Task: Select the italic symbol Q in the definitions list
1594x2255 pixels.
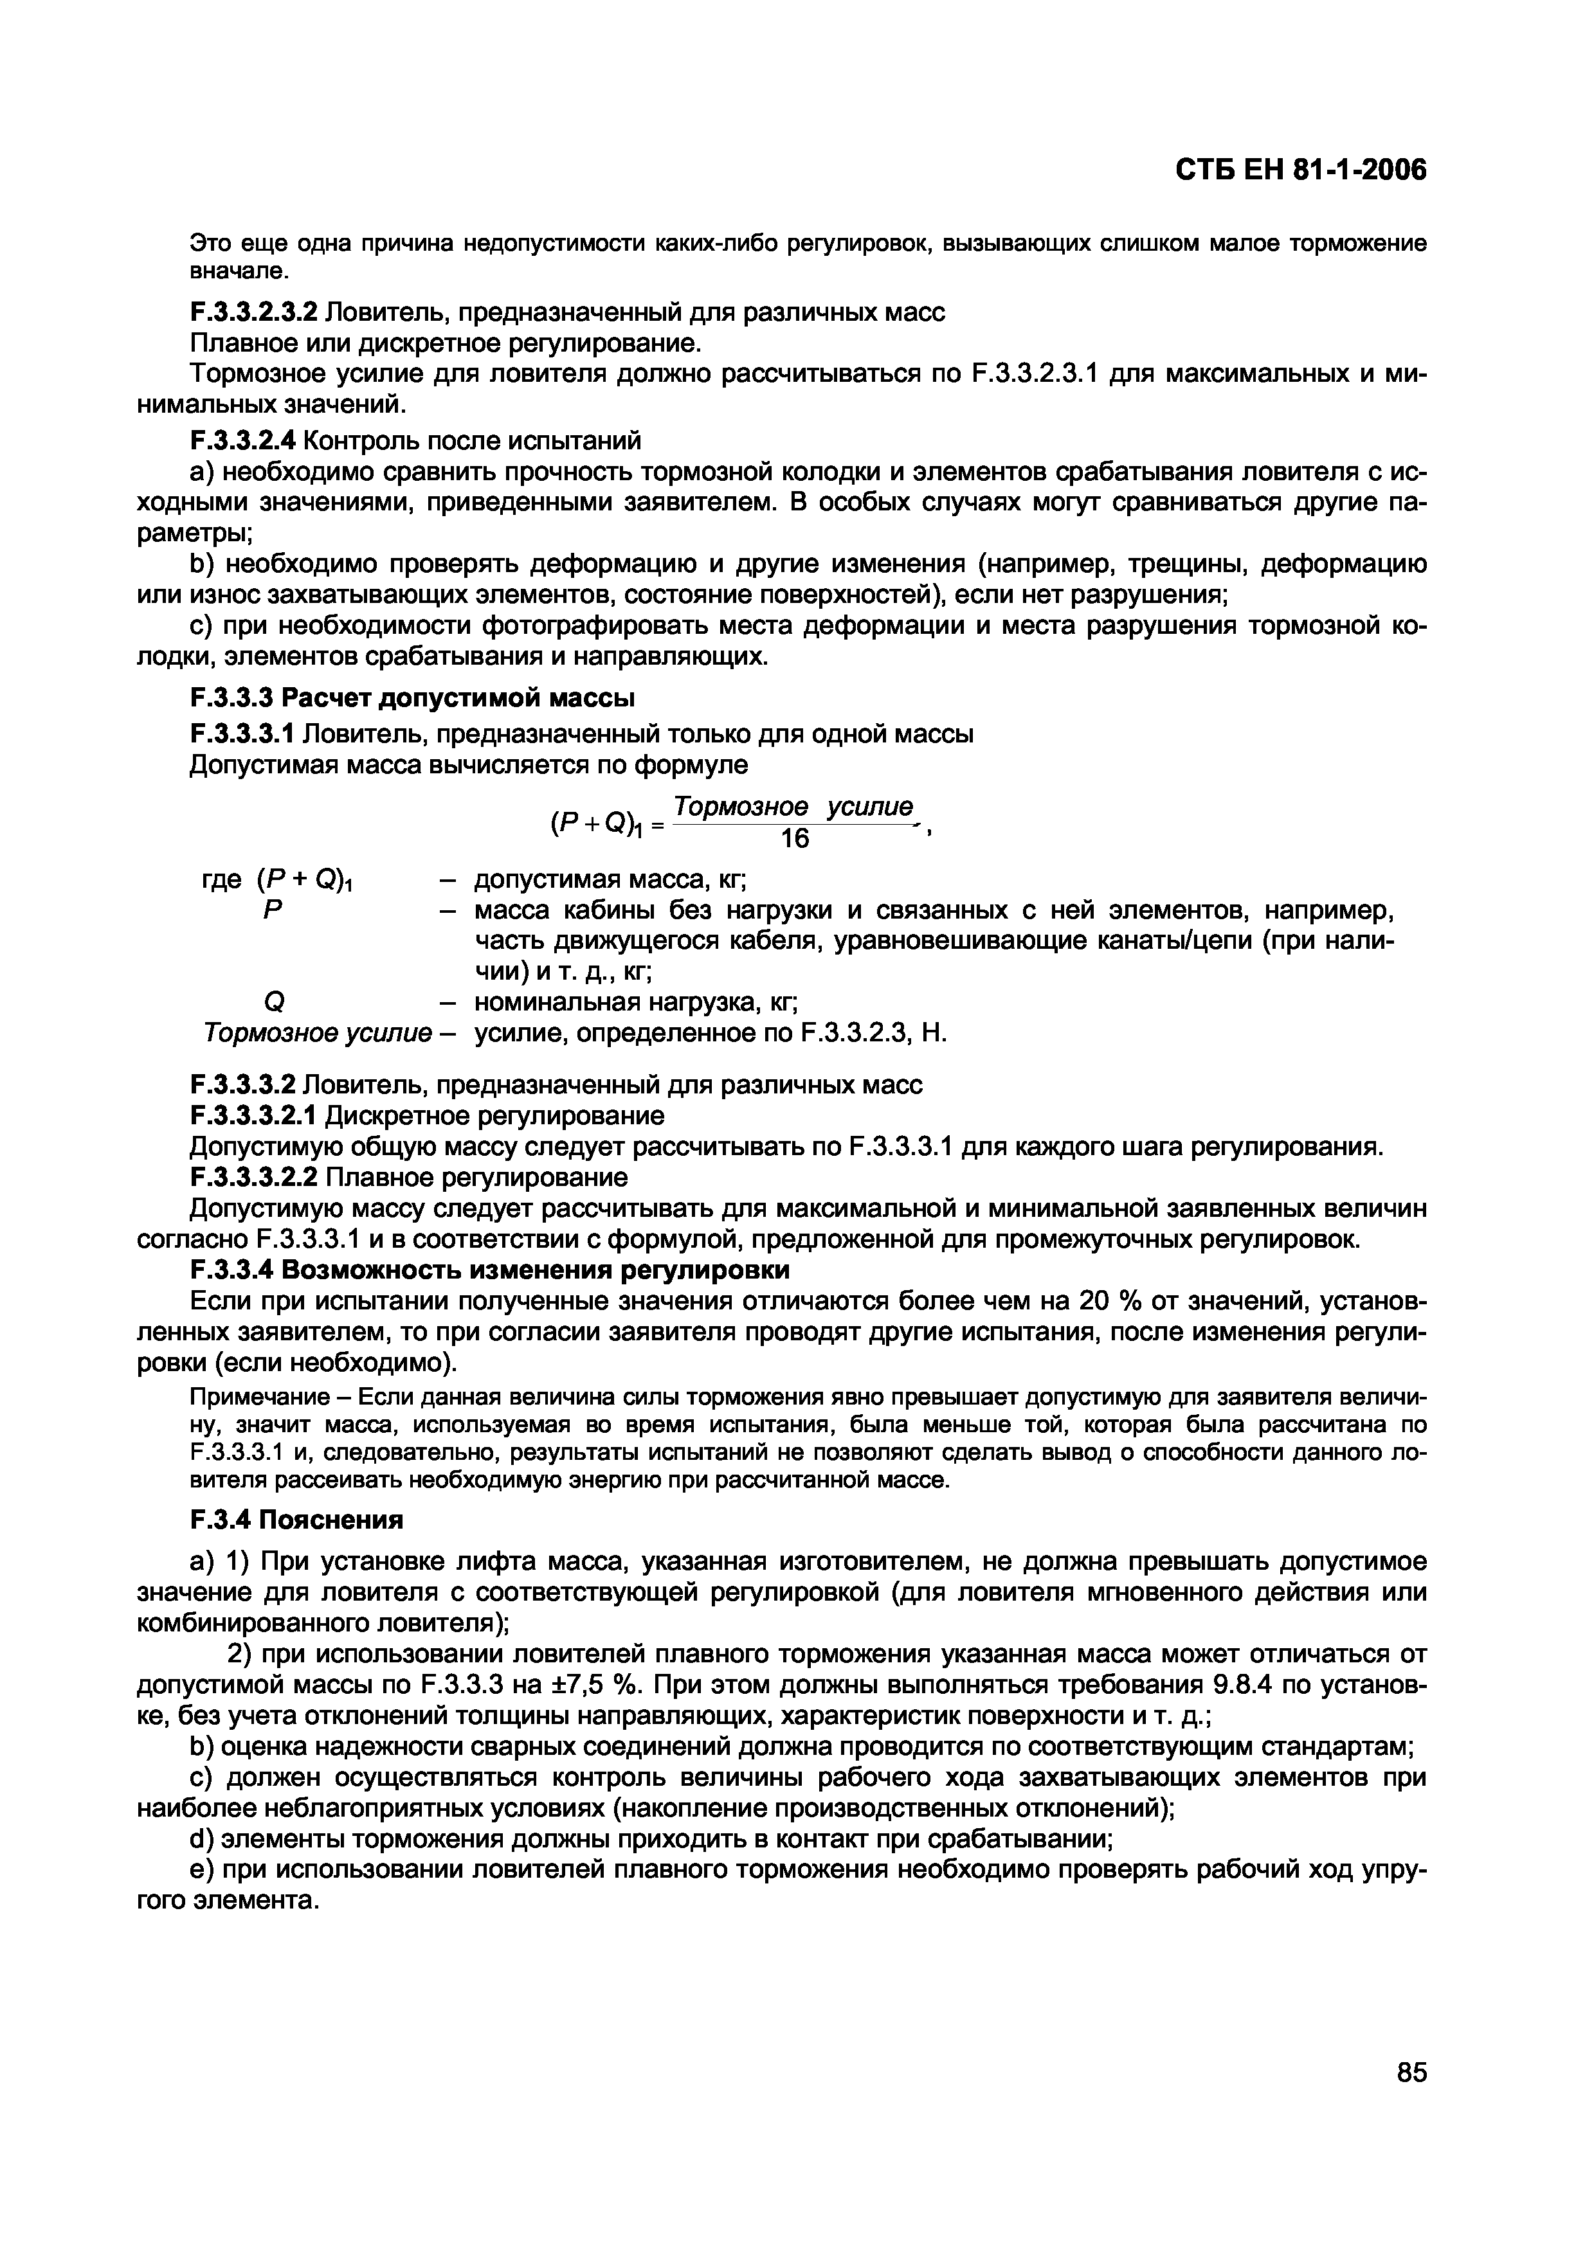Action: click(274, 1003)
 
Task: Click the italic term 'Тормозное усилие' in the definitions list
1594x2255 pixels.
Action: click(316, 1033)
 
